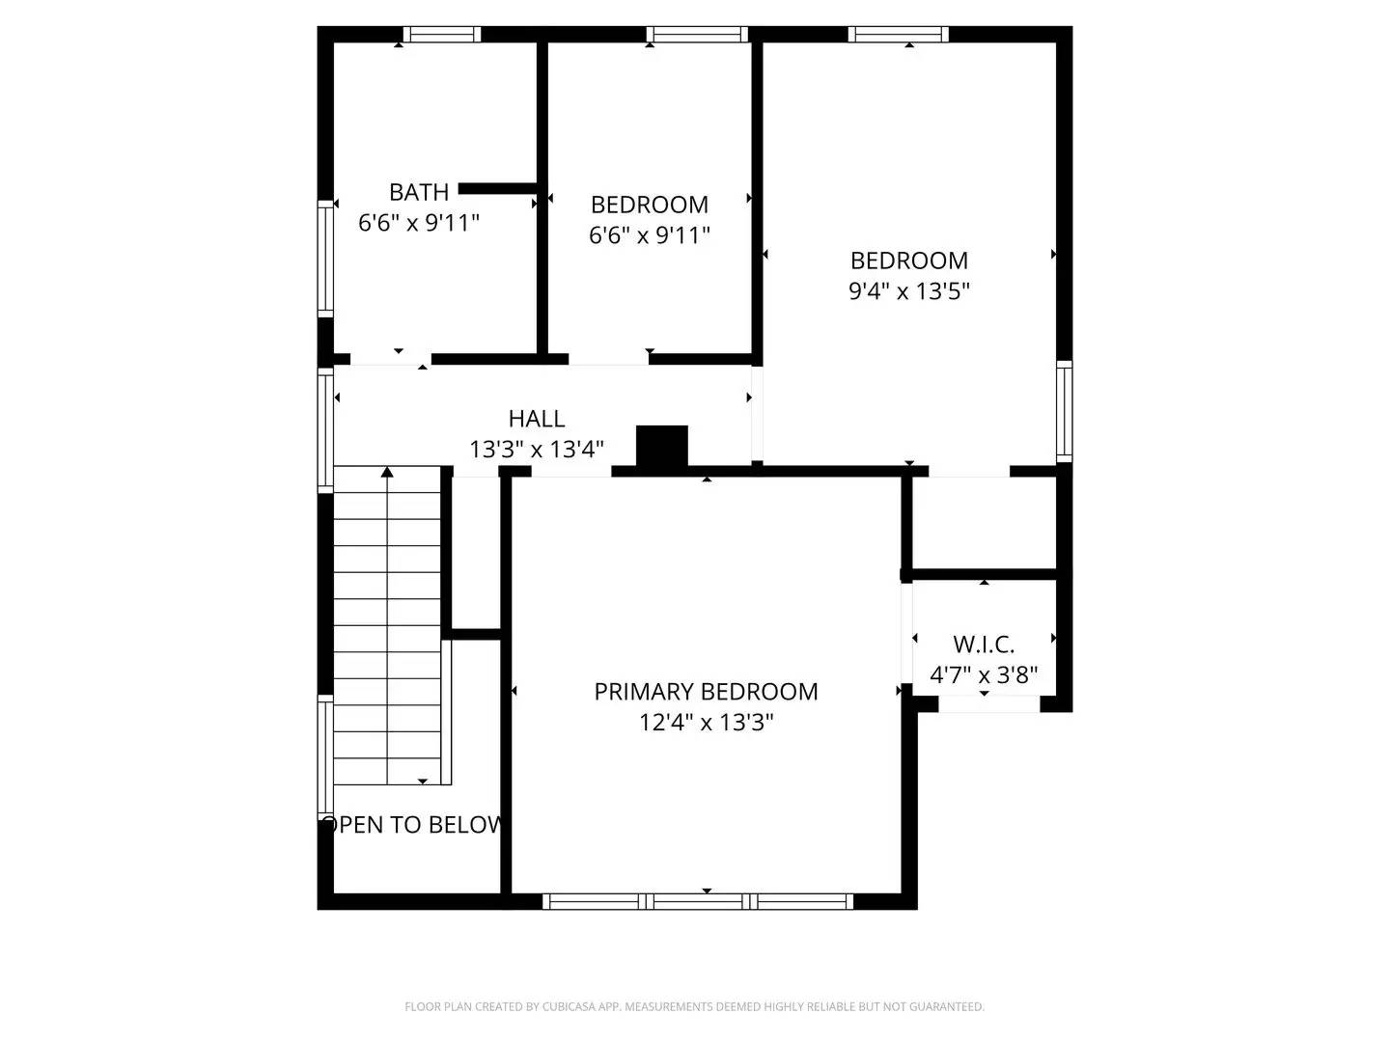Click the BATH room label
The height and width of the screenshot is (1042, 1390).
[x=419, y=192]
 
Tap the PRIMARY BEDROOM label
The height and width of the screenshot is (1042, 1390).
[x=706, y=692]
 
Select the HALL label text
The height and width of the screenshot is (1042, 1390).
[x=537, y=419]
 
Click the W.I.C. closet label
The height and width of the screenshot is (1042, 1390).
[x=984, y=644]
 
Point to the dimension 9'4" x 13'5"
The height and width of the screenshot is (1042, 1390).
[x=908, y=291]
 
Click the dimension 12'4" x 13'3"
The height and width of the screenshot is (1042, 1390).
[x=706, y=723]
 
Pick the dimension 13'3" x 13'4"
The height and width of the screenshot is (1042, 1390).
[x=537, y=450]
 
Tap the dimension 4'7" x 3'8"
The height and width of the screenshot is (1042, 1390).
[x=984, y=675]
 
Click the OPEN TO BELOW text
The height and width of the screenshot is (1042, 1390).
[x=413, y=825]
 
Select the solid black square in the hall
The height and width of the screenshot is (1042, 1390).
[x=662, y=446]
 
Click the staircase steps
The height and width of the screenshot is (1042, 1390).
[x=387, y=627]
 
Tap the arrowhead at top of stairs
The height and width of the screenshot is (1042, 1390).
[x=387, y=472]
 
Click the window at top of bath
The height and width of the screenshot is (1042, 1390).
[x=441, y=35]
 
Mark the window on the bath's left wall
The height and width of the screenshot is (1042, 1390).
[x=326, y=258]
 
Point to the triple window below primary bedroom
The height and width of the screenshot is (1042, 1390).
[x=698, y=902]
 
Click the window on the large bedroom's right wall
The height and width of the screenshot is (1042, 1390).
[x=1064, y=410]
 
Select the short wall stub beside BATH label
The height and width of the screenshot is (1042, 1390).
[x=496, y=189]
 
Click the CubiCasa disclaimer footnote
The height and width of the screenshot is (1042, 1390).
[x=694, y=1007]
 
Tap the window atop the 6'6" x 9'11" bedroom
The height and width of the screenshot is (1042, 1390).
[x=697, y=35]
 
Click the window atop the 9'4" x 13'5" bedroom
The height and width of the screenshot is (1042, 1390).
[x=899, y=35]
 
